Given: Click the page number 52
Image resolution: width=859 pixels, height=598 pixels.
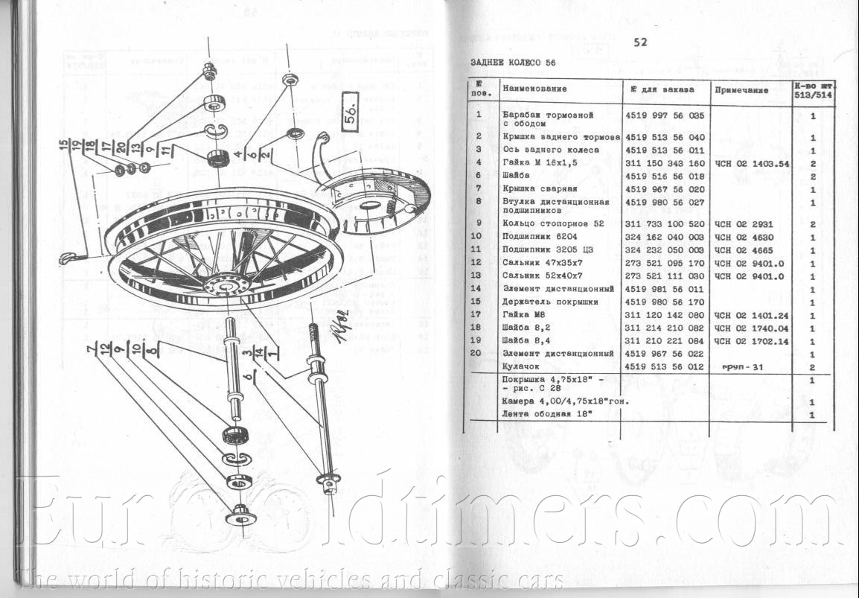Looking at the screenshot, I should point(640,42).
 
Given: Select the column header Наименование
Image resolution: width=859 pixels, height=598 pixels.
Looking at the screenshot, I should point(534,89).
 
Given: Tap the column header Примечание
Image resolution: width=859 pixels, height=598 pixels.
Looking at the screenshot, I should point(741,89).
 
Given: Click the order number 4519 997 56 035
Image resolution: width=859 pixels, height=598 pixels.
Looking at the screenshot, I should point(665,115).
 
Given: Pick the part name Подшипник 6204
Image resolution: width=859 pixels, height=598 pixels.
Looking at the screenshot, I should point(540,238).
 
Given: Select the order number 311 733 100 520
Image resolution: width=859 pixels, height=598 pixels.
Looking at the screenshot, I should point(665,223).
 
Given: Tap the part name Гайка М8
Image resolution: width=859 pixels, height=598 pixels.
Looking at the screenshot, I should point(525,315).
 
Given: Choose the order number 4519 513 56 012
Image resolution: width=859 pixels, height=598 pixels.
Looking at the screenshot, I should point(665,366).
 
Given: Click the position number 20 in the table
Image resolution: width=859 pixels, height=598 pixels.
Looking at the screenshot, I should point(479,353).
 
